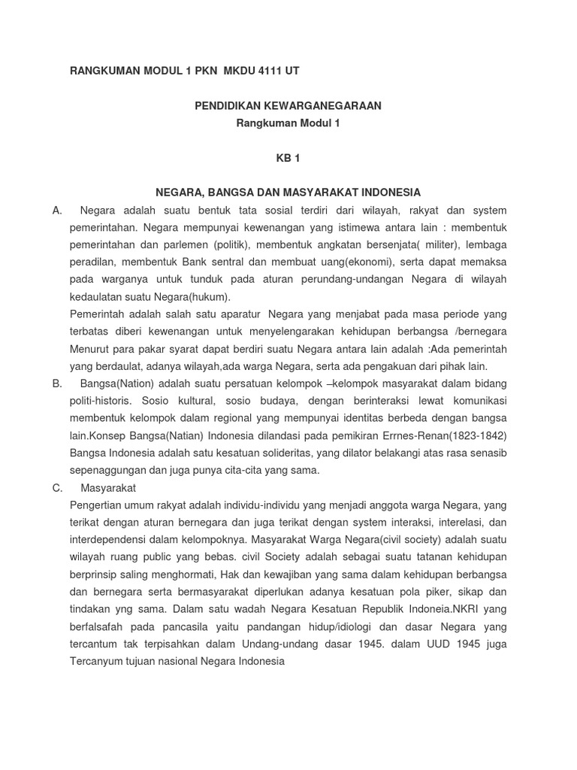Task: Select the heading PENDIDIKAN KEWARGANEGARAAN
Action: [288, 106]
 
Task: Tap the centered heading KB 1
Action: [288, 159]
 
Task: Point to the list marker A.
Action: [57, 211]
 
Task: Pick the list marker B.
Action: [57, 383]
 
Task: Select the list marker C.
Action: [57, 488]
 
